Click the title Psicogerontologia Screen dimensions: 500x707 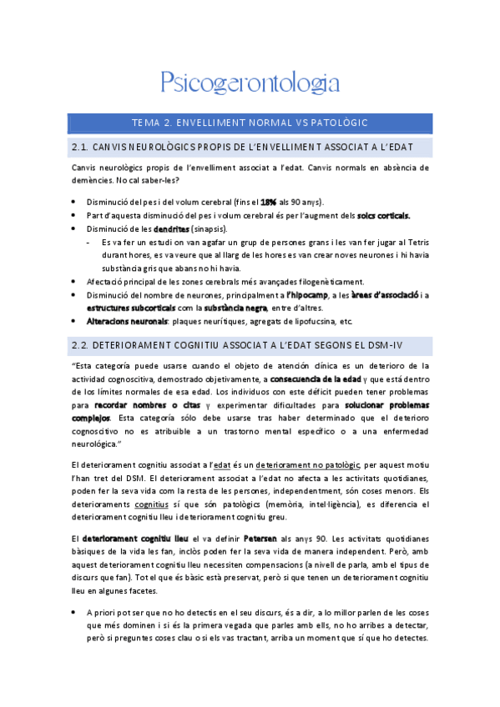[250, 83]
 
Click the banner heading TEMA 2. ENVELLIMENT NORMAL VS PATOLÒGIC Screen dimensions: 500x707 [250, 123]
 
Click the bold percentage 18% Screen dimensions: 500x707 [269, 203]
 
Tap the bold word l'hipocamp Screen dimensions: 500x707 [314, 294]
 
